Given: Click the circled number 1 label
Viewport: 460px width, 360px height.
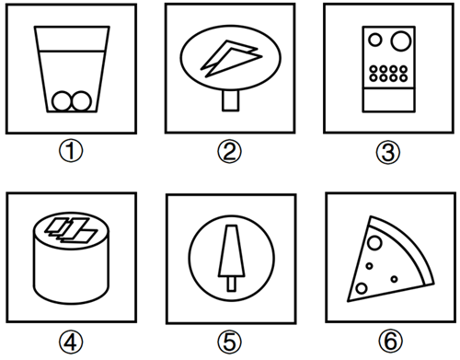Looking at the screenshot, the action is pyautogui.click(x=71, y=151).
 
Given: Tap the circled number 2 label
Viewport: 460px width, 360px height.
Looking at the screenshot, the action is pyautogui.click(x=230, y=152).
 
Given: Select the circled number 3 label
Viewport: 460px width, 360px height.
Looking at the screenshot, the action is pyautogui.click(x=388, y=152).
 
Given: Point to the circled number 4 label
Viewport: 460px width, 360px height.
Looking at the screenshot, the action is pyautogui.click(x=71, y=342).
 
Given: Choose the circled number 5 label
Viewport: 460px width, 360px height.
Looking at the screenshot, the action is pyautogui.click(x=230, y=342).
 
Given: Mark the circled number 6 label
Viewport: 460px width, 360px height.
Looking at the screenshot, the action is pyautogui.click(x=390, y=341).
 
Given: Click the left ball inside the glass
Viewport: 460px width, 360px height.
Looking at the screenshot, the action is pyautogui.click(x=62, y=100).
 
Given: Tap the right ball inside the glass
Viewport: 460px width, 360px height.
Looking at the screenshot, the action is pyautogui.click(x=82, y=100).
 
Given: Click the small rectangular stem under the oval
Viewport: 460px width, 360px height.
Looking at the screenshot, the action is pyautogui.click(x=230, y=100).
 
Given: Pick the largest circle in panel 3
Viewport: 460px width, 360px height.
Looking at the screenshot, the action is pyautogui.click(x=401, y=41).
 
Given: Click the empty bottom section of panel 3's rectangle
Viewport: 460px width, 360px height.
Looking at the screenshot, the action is pyautogui.click(x=388, y=100).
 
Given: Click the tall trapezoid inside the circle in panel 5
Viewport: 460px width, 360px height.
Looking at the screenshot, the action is pyautogui.click(x=232, y=250).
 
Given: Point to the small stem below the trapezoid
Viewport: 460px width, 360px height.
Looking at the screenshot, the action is pyautogui.click(x=232, y=284).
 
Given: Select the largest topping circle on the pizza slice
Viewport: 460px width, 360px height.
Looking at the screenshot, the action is pyautogui.click(x=374, y=243).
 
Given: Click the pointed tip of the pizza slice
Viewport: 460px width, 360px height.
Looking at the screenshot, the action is pyautogui.click(x=348, y=301).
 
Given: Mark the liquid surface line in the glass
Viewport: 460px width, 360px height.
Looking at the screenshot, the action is pyautogui.click(x=72, y=51).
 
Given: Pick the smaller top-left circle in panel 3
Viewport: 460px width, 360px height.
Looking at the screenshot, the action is pyautogui.click(x=375, y=40).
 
